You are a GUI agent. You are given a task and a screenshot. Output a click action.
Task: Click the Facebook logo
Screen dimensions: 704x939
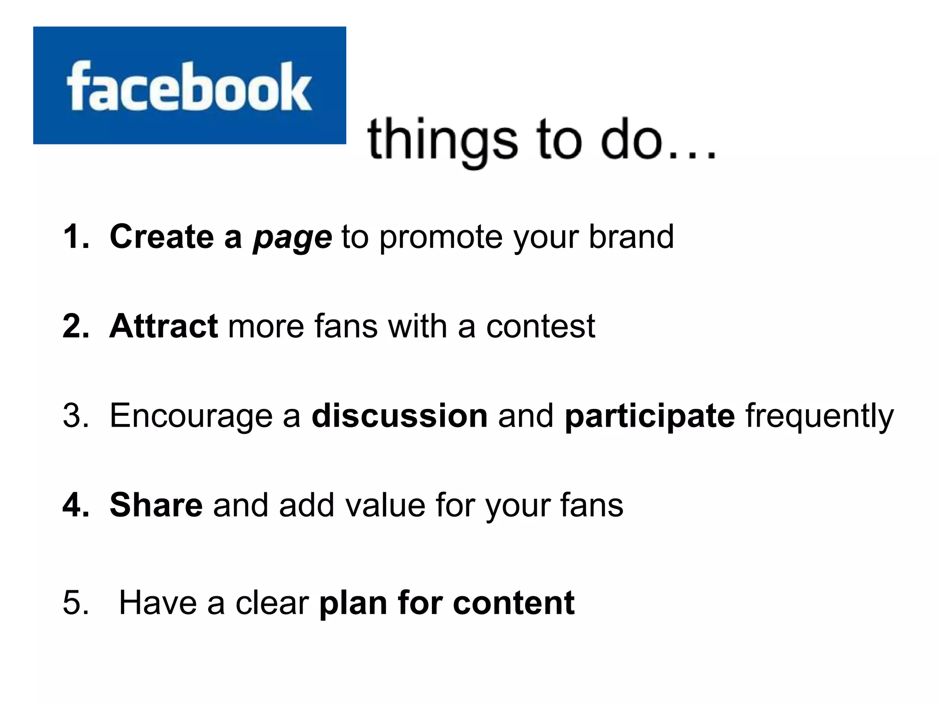point(189,86)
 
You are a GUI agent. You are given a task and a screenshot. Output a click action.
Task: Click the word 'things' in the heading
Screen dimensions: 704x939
point(442,140)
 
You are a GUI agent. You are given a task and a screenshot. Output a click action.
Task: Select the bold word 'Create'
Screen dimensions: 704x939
point(161,237)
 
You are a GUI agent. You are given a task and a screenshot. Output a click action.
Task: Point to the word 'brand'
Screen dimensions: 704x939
point(631,237)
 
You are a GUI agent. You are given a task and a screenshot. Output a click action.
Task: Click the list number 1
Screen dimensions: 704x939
point(75,237)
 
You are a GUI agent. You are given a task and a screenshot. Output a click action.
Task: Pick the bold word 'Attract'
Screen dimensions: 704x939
point(164,326)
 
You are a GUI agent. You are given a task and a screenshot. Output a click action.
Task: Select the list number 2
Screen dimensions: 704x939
point(76,326)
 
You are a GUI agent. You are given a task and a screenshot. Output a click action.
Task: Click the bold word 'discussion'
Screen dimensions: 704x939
point(399,416)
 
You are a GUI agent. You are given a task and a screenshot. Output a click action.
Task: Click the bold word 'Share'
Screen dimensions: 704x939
point(156,505)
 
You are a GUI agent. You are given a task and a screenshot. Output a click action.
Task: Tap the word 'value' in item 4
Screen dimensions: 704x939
point(385,505)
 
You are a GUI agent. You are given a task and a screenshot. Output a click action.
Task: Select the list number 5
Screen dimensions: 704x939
point(76,602)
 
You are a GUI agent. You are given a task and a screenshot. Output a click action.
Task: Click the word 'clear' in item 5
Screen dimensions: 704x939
point(272,602)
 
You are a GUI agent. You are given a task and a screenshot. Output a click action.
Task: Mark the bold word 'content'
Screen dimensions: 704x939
point(514,602)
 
